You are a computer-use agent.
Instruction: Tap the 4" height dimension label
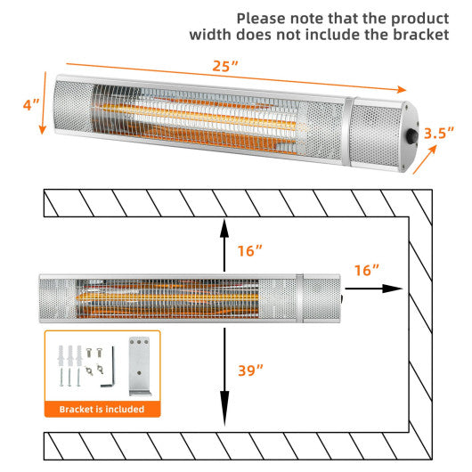coord(31,104)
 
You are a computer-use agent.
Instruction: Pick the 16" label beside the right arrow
coord(366,269)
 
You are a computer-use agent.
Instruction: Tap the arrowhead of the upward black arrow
coord(224,226)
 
